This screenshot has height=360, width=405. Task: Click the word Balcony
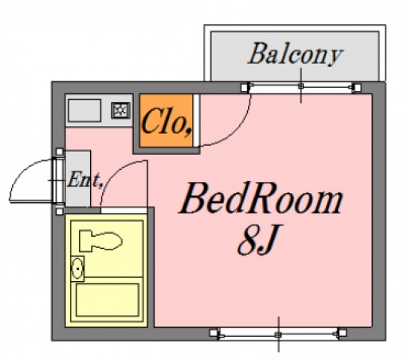pos(295,54)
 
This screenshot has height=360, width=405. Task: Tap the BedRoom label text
pos(261,198)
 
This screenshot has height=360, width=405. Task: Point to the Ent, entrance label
pos(85,180)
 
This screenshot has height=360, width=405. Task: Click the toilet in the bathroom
pos(101,241)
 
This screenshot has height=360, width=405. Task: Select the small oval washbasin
pos(77,268)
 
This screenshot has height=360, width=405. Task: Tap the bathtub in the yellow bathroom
pos(107,300)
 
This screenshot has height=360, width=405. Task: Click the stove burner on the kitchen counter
pos(121,110)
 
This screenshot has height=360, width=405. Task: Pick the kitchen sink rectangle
pos(84,110)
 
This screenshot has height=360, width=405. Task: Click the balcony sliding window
pos(301,88)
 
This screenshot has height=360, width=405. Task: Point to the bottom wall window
pos(278,334)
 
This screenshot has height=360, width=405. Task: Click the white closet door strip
pos(196,120)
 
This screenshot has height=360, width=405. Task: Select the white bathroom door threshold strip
pos(124,210)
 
